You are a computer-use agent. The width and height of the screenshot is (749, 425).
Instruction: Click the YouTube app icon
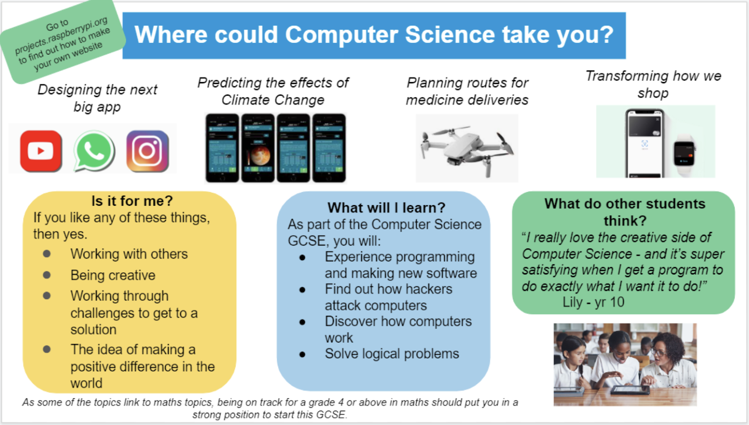coord(41,151)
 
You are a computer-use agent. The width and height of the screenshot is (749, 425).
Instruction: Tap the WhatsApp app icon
coord(94,151)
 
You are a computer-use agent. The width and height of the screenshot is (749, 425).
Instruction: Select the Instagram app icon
coord(147,151)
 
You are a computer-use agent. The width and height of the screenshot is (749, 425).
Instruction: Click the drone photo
coord(467,148)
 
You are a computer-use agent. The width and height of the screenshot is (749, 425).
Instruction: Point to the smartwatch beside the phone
coord(684,154)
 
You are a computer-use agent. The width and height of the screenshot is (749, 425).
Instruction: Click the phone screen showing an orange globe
coord(258,148)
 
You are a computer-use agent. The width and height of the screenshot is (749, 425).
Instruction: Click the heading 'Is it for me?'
coord(132,201)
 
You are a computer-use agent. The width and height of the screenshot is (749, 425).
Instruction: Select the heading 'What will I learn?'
coord(386,208)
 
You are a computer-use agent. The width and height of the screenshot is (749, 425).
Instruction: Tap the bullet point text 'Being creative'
coord(113,275)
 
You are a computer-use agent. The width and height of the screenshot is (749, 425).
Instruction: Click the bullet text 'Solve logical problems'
coord(392,354)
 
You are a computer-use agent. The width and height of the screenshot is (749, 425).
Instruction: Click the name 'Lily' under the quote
coord(573,302)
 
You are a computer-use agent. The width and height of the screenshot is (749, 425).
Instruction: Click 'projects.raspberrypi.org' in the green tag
coord(61,36)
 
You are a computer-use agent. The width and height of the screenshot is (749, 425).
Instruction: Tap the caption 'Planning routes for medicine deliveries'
coord(467,91)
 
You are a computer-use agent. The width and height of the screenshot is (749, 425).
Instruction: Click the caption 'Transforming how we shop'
coord(654,84)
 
